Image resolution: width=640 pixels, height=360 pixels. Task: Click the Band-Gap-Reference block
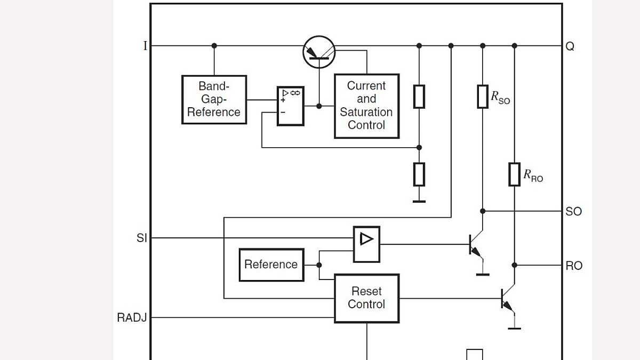coord(214,100)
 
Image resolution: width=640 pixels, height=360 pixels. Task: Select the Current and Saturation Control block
coord(366,106)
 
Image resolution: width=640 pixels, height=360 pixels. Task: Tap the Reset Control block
coord(366,298)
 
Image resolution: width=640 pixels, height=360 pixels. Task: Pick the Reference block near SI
coord(271,265)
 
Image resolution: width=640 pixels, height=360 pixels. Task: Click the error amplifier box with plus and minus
coord(291,106)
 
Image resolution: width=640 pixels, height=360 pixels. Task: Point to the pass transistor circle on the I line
coord(319,52)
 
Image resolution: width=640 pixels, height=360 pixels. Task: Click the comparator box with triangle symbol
coord(366,244)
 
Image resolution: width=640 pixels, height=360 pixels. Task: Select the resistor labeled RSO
coord(483,97)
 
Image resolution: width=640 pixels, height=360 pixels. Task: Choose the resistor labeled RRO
coord(514,174)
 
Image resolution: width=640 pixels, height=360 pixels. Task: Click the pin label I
coord(145,46)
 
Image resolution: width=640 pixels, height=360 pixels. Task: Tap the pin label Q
coord(570,46)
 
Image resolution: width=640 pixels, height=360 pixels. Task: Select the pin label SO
coord(573,212)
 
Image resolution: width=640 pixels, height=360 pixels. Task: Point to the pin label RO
coord(574,266)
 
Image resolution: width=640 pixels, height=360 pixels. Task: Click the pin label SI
coord(141,238)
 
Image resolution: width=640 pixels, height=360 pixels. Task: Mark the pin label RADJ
coord(132,318)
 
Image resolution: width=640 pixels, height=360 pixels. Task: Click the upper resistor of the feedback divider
coord(419,97)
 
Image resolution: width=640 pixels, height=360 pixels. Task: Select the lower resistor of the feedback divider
coord(419,174)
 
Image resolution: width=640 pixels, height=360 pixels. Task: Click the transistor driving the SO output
coord(476,245)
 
